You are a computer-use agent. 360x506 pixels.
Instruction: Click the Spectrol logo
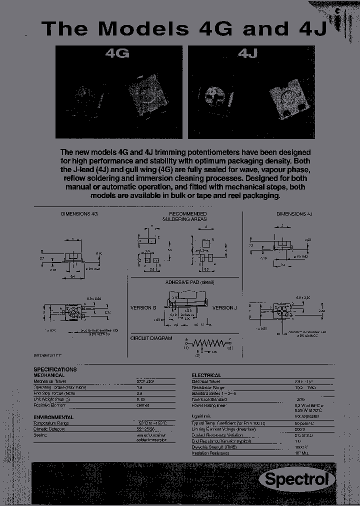[296, 479]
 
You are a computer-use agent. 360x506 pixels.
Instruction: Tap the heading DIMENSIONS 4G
[79, 213]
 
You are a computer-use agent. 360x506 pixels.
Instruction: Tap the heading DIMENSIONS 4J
[294, 213]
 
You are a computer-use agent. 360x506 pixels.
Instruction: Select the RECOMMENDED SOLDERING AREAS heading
[184, 216]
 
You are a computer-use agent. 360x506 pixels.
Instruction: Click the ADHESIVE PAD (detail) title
[189, 282]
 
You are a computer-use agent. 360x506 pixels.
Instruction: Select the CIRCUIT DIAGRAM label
[151, 338]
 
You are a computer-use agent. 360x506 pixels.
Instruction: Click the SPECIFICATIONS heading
[55, 369]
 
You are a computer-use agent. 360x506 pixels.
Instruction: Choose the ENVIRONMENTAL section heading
[53, 417]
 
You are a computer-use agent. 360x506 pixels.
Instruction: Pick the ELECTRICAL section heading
[206, 375]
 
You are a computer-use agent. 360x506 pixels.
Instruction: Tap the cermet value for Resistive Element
[143, 405]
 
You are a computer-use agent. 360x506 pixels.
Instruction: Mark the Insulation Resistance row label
[210, 453]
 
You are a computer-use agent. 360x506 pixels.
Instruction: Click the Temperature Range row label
[51, 423]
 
